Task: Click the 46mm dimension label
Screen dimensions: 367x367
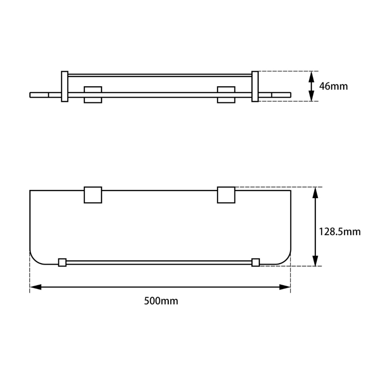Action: pyautogui.click(x=333, y=86)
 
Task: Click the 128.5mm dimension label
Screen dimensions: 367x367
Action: pyautogui.click(x=339, y=232)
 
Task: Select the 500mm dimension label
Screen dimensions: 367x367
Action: pyautogui.click(x=161, y=301)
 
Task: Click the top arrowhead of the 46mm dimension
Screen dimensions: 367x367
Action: pyautogui.click(x=311, y=76)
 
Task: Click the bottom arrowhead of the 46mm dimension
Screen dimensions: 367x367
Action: pyautogui.click(x=311, y=97)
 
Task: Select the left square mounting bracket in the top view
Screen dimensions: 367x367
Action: pyautogui.click(x=93, y=195)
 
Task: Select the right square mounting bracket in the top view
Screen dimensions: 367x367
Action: pyautogui.click(x=226, y=195)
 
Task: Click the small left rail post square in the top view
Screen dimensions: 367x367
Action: pyautogui.click(x=62, y=262)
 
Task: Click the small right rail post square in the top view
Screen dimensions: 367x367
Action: pyautogui.click(x=256, y=262)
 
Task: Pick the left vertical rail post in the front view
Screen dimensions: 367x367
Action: pyautogui.click(x=65, y=86)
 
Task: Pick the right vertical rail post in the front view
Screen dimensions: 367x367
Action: pyautogui.click(x=255, y=86)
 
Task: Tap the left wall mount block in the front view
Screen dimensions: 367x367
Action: pyautogui.click(x=92, y=95)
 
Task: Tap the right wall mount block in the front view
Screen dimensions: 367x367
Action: pyautogui.click(x=226, y=95)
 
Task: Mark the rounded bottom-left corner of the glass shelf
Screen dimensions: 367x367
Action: pyautogui.click(x=34, y=258)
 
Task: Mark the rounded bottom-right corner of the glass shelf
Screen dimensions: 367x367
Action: pyautogui.click(x=286, y=258)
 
